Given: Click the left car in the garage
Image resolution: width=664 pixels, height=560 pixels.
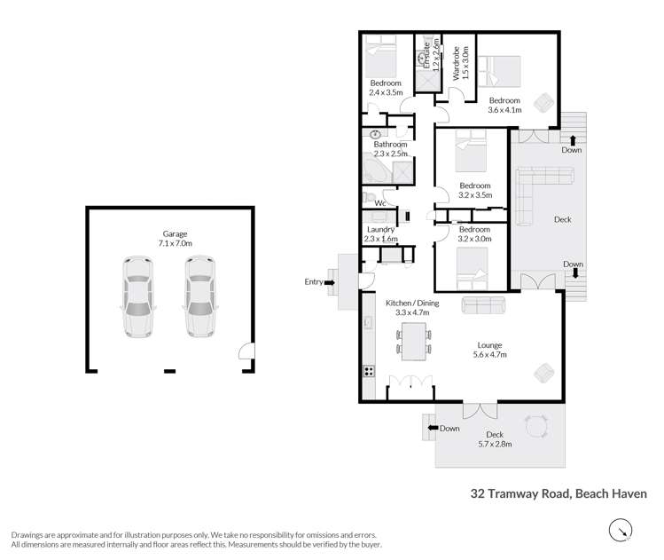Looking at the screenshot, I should (x=137, y=297).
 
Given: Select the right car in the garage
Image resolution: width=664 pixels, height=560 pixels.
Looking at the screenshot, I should (x=200, y=297).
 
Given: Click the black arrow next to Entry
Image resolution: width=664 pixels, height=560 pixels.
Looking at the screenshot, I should (x=330, y=282).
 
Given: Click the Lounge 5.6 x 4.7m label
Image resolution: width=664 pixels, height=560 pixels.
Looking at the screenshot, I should (x=489, y=350).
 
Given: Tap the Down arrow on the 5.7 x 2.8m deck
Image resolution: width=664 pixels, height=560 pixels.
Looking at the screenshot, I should (x=434, y=429).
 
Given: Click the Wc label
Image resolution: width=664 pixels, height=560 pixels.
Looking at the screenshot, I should (x=379, y=203).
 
